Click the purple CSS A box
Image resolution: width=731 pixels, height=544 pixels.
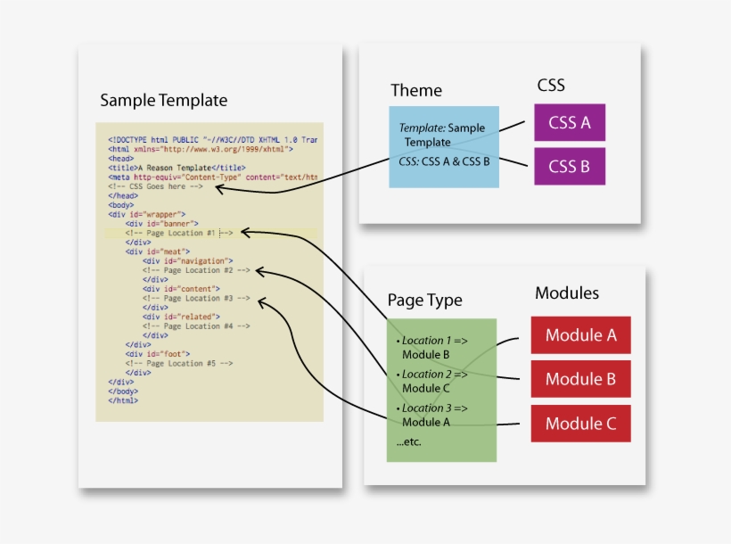569,122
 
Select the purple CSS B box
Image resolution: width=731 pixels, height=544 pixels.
569,166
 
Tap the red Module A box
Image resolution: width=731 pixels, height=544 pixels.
580,335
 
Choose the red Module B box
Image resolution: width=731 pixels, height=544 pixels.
580,379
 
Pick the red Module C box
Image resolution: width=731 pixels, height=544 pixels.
580,424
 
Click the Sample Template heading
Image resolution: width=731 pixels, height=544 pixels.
163,100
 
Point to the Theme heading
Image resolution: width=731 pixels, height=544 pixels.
415,91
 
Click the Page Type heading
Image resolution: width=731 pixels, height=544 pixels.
424,301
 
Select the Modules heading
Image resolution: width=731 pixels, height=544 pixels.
567,293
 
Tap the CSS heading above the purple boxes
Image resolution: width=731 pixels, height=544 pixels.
551,86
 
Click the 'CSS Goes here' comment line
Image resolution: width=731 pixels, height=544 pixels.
156,186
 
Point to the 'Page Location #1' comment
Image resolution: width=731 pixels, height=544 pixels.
178,233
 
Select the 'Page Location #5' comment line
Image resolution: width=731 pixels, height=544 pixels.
178,364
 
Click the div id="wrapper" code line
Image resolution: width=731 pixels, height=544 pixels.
147,214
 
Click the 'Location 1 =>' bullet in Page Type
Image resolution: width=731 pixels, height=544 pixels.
438,341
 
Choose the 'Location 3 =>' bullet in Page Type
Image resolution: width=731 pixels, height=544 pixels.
438,408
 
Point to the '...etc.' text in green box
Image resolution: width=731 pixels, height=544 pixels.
408,442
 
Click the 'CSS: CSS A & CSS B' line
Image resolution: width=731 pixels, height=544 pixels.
445,162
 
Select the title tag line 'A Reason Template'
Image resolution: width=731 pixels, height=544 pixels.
177,168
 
